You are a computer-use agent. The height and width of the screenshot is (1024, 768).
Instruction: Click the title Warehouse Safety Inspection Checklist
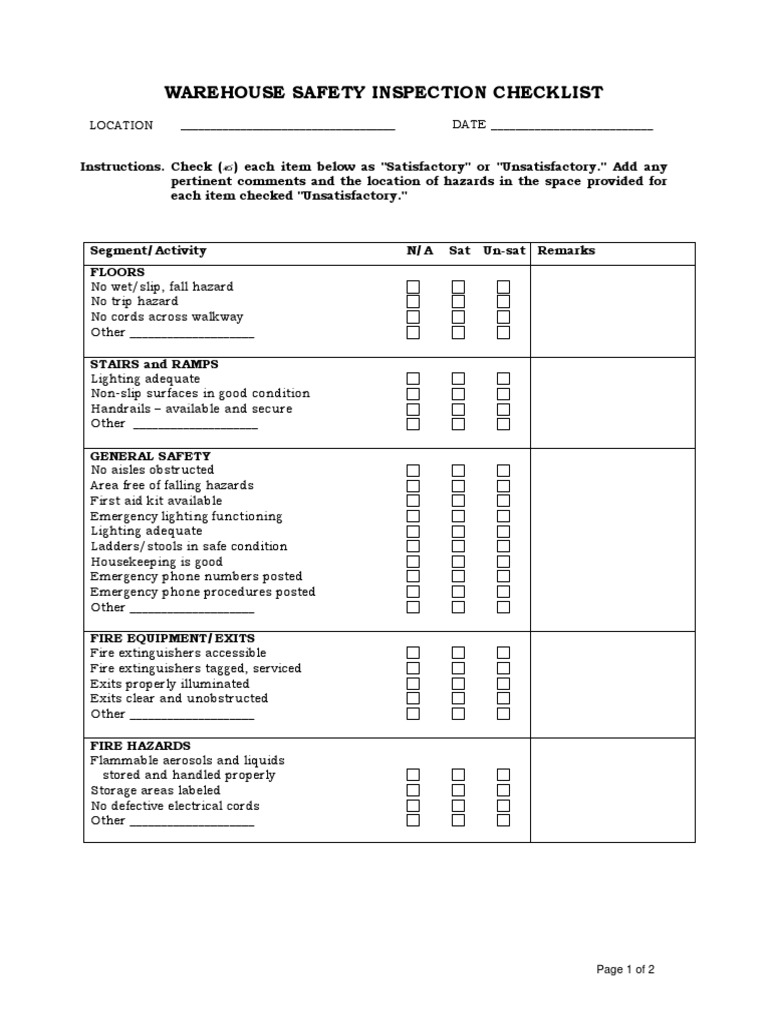[x=384, y=93]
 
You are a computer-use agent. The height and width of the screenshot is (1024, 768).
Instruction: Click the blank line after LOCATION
[x=287, y=127]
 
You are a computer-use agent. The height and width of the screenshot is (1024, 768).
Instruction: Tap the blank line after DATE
[x=571, y=127]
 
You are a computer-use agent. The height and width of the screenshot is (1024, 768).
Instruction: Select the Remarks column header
[x=566, y=251]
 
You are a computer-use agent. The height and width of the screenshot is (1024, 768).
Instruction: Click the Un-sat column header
[x=503, y=251]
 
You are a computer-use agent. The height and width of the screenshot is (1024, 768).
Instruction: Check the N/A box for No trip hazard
[x=413, y=302]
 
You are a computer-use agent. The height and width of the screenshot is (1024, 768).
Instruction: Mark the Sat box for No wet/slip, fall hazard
[x=458, y=287]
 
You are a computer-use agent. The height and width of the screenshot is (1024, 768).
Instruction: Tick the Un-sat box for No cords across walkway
[x=503, y=317]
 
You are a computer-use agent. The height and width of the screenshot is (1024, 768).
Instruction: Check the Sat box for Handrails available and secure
[x=458, y=409]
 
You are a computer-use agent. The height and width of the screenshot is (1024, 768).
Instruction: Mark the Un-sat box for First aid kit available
[x=503, y=501]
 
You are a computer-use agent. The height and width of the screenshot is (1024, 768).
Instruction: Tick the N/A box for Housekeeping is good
[x=413, y=562]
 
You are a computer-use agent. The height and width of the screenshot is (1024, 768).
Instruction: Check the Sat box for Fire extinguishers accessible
[x=458, y=653]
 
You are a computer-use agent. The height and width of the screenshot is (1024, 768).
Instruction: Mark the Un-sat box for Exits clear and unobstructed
[x=503, y=699]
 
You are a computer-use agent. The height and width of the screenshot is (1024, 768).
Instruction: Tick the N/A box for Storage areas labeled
[x=413, y=790]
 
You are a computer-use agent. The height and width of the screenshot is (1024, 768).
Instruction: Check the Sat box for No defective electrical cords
[x=458, y=806]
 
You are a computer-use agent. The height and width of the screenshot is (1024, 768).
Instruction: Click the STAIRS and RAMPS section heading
[x=154, y=364]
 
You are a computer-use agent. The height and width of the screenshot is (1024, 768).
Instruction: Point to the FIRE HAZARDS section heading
[x=140, y=746]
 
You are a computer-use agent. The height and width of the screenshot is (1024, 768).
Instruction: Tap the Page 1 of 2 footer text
[x=625, y=969]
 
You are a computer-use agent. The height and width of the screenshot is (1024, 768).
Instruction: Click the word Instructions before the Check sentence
[x=121, y=167]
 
